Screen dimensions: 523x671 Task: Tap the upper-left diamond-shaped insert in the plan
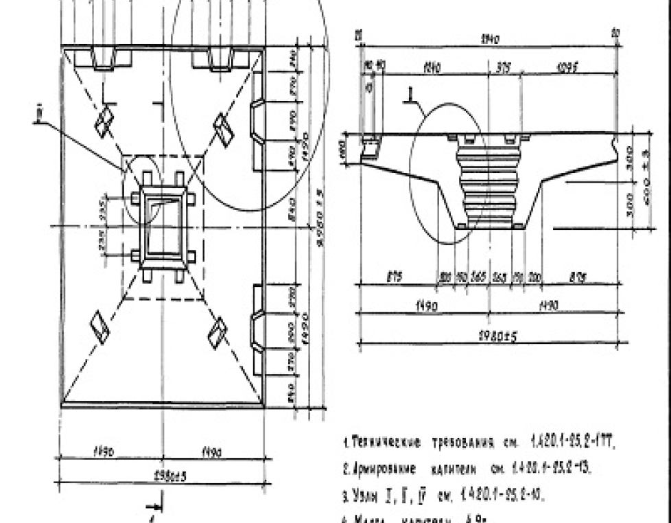104,122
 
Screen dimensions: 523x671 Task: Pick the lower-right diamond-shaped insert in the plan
219,333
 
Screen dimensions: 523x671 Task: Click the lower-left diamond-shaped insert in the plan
100,327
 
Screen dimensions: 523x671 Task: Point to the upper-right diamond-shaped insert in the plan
223,129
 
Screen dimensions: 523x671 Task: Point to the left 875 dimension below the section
395,277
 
